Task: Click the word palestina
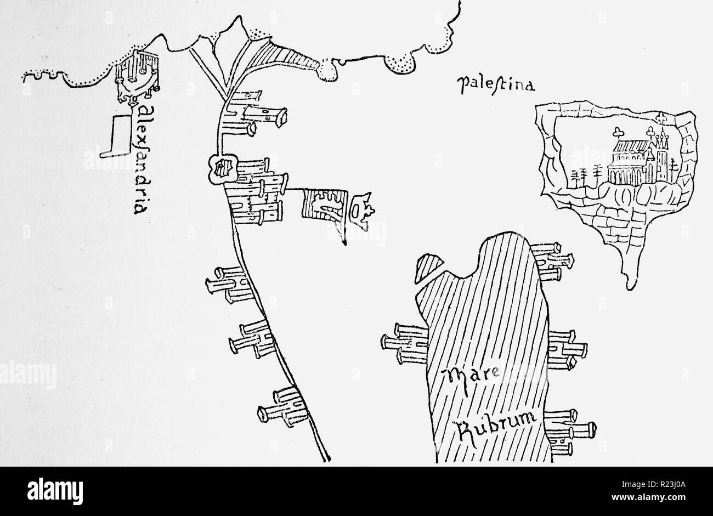[x=488, y=84]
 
